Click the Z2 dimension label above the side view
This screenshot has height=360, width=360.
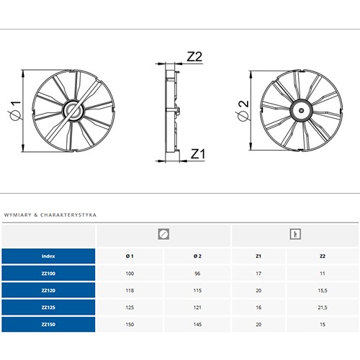194,57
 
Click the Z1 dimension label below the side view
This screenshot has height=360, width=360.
198,154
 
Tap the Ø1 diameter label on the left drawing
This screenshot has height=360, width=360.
14,110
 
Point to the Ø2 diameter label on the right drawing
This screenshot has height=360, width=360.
242,111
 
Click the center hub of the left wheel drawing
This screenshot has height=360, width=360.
73,111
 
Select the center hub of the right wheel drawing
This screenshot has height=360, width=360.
302,111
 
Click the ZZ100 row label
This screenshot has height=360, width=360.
48,274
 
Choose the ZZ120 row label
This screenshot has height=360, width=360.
48,290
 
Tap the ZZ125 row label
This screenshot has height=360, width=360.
48,307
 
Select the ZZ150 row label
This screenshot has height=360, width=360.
48,325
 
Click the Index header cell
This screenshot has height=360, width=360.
48,256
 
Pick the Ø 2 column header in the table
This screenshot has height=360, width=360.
197,256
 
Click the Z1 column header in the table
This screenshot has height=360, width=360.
258,256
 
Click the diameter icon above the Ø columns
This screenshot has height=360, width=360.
163,234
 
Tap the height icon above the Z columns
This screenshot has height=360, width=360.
295,234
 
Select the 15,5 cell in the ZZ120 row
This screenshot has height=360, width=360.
323,291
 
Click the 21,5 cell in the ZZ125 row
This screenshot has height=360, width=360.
323,307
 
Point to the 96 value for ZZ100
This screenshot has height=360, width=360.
197,274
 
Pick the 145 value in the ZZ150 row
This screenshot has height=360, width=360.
197,325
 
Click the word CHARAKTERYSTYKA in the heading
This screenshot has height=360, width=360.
68,215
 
